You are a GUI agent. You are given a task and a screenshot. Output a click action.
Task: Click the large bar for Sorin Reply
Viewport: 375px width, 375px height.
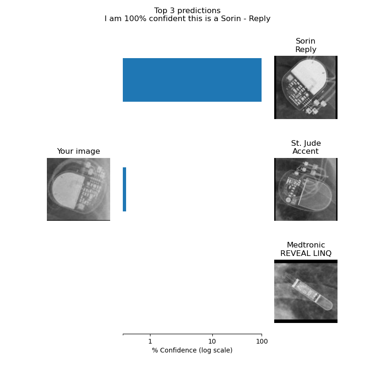point(192,80)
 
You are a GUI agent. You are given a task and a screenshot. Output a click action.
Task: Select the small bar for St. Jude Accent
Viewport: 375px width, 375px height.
point(124,189)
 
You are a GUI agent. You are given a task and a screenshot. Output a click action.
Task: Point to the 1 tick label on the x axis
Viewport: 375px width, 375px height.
point(150,341)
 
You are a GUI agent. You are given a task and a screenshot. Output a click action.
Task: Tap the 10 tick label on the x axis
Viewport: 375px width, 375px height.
point(212,341)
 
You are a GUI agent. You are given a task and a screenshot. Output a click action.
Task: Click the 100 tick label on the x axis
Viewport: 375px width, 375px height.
point(262,341)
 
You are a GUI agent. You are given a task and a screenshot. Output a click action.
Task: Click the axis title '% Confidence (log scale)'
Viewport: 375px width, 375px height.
point(192,350)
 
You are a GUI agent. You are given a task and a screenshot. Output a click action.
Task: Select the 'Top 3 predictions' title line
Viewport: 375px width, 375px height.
point(187,10)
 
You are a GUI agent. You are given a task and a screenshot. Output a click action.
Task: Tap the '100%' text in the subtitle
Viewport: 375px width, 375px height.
point(135,18)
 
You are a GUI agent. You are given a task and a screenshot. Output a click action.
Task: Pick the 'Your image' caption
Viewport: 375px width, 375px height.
point(78,151)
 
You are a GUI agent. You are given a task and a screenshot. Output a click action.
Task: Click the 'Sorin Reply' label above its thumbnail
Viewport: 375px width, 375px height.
point(306,45)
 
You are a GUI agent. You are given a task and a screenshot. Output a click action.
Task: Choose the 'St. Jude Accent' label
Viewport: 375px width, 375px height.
point(306,147)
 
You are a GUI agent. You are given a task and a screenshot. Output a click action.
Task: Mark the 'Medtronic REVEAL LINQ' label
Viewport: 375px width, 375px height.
point(306,249)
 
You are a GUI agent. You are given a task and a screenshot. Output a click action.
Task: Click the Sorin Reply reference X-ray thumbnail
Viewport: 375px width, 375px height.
point(306,87)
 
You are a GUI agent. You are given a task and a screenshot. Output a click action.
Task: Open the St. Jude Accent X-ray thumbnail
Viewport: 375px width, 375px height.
point(306,189)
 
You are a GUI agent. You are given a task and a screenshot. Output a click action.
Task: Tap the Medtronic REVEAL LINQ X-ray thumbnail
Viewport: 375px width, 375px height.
point(306,291)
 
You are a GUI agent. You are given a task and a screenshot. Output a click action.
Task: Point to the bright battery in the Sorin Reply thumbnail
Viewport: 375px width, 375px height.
point(309,76)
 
